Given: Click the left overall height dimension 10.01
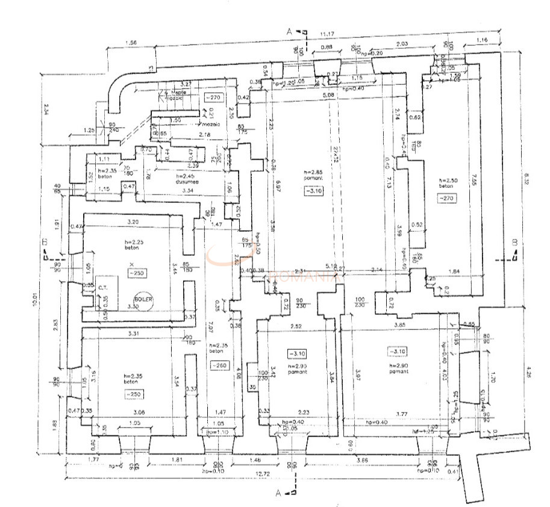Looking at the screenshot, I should (37, 300).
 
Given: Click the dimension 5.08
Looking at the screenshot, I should (328, 95).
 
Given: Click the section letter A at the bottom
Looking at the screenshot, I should (278, 493).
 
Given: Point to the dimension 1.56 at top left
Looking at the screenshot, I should (131, 43).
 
